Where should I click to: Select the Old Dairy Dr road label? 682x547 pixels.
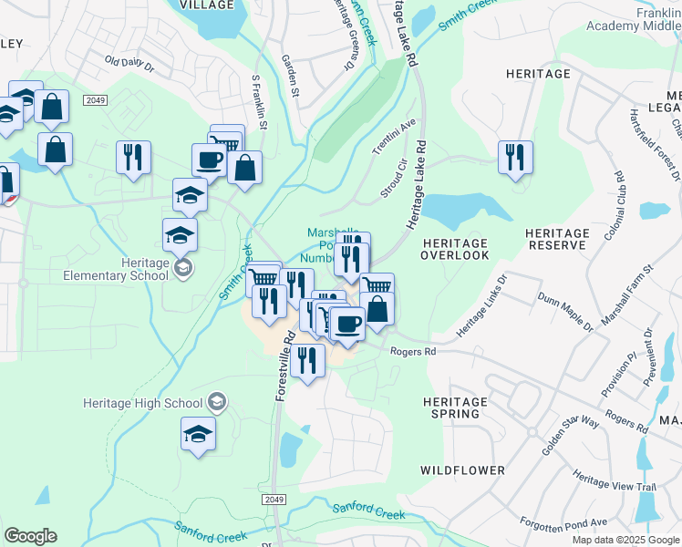tap(130, 65)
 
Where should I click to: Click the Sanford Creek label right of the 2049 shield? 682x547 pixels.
tap(368, 511)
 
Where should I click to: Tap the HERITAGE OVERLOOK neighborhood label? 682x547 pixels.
tap(454, 249)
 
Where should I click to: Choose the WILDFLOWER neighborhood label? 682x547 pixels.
tap(462, 470)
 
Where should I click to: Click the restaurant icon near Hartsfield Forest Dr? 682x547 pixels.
tap(515, 157)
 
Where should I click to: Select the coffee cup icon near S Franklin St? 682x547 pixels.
tap(209, 160)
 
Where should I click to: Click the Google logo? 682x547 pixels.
tap(30, 536)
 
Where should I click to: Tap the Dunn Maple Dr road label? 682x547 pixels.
tap(565, 311)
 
